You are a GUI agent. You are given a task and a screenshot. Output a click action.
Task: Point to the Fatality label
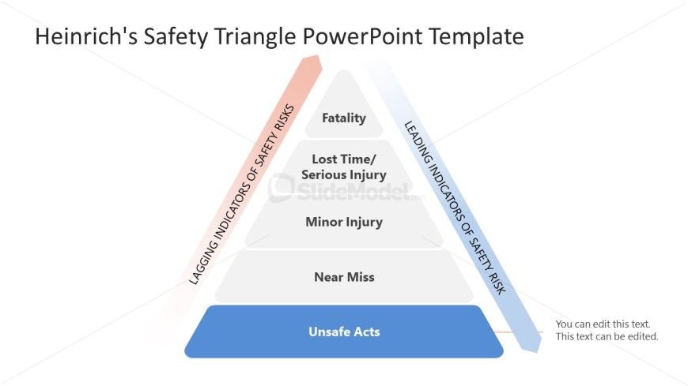pyautogui.click(x=344, y=118)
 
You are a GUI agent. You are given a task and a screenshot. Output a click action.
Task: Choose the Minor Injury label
pyautogui.click(x=344, y=222)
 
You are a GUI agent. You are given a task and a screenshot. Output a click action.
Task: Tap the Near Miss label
pyautogui.click(x=344, y=277)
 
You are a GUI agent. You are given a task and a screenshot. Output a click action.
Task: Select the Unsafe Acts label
pyautogui.click(x=344, y=332)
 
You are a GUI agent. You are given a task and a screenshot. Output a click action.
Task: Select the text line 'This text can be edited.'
pyautogui.click(x=607, y=337)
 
